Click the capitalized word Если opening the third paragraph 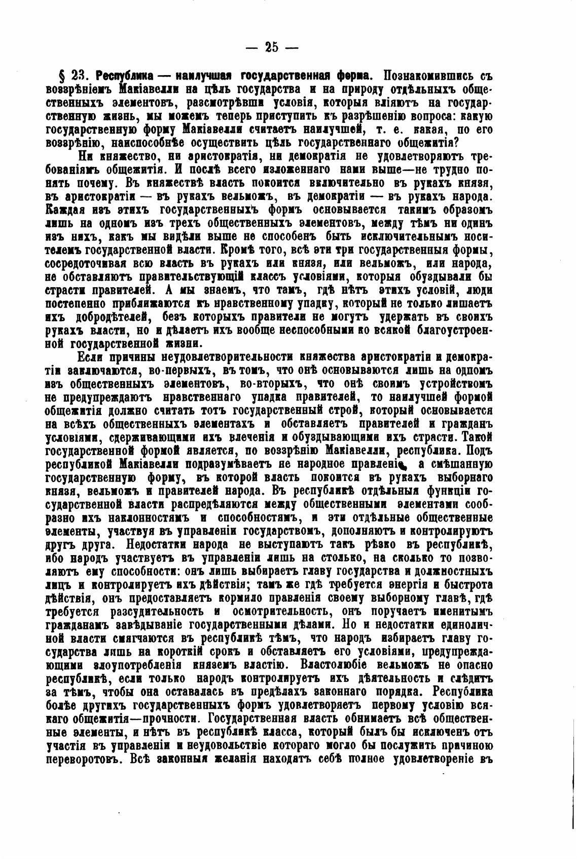91,358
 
